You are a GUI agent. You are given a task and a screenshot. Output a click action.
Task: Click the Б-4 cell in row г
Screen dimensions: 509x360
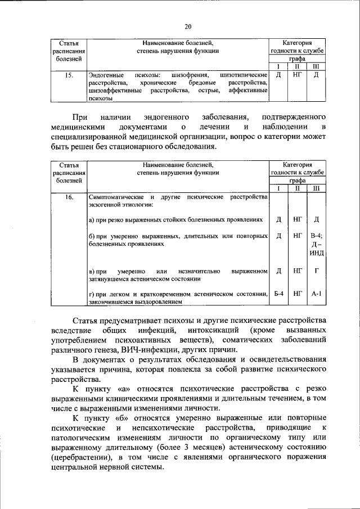pos(278,294)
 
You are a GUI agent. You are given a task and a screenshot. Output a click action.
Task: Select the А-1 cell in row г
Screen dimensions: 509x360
pos(316,294)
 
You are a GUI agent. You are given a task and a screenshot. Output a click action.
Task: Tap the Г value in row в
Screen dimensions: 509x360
pos(316,271)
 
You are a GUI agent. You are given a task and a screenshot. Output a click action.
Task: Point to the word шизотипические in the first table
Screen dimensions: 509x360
pos(245,74)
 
